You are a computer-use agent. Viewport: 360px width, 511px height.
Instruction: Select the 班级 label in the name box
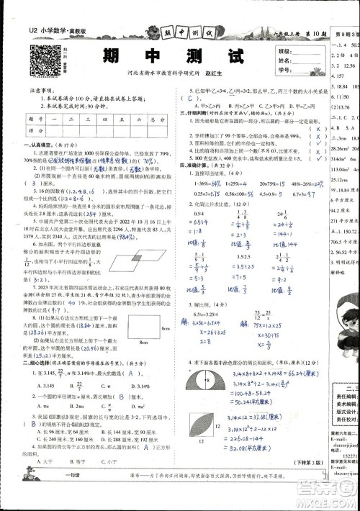pyautogui.click(x=284, y=52)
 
